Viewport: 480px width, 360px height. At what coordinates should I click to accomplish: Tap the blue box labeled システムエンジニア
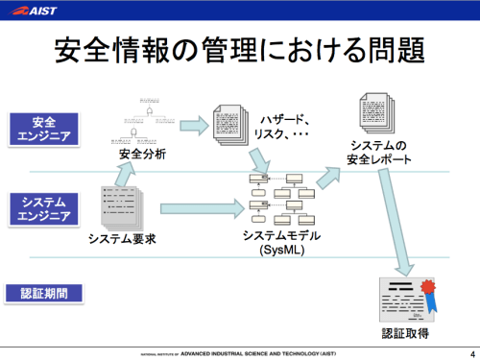(x=44, y=208)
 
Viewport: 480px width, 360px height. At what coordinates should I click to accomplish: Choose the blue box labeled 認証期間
(x=44, y=292)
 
